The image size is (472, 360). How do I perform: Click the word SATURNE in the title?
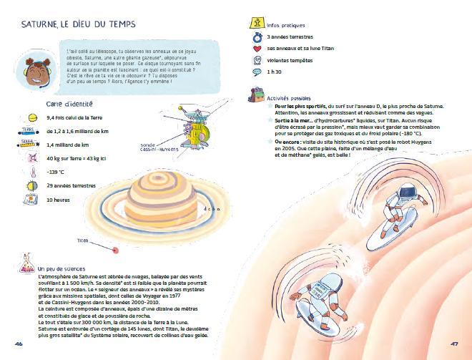click(39, 25)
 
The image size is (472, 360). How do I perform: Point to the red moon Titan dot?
click(114, 249)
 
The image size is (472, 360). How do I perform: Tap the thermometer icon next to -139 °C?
click(32, 172)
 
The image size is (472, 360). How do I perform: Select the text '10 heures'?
click(59, 200)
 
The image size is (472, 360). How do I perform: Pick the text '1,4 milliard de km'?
click(69, 145)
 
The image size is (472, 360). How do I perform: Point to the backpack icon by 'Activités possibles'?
click(256, 94)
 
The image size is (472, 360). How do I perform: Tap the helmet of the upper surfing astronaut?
click(407, 192)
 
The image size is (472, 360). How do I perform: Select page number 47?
click(453, 342)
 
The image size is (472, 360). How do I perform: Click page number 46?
click(19, 342)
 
